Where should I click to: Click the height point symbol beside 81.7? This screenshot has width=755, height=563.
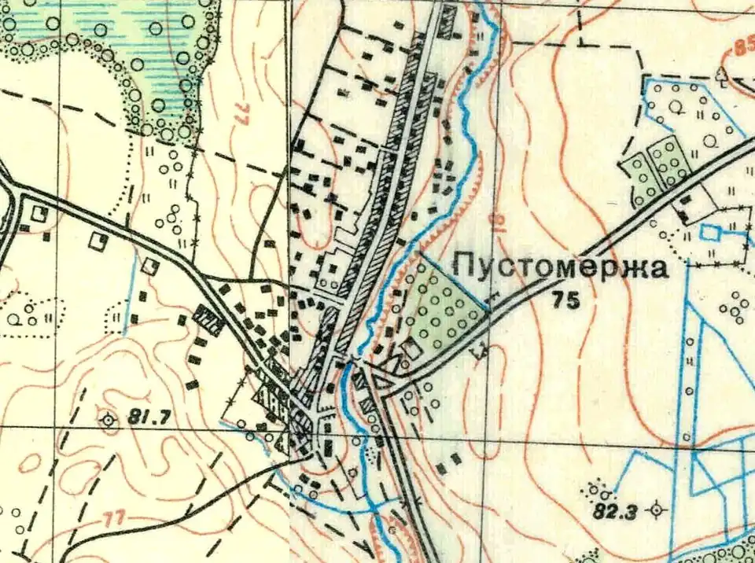tap(109, 420)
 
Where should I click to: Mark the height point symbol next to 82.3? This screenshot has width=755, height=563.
tap(656, 510)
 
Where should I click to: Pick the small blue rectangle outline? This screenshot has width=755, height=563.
tap(711, 233)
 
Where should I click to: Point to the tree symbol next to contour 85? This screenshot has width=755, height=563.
tap(721, 74)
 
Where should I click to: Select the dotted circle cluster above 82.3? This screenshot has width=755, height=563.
tap(602, 492)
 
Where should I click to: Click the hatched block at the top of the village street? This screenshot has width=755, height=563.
tap(448, 20)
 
